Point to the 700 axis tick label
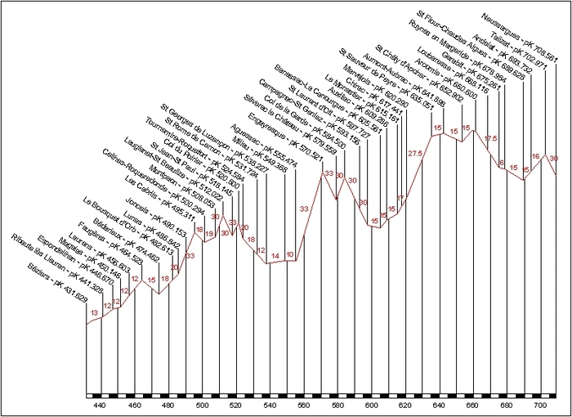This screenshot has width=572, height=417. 539,406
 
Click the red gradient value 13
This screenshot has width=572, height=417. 95,313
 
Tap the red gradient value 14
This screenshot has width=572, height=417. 275,256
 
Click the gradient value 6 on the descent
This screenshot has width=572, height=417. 501,164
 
